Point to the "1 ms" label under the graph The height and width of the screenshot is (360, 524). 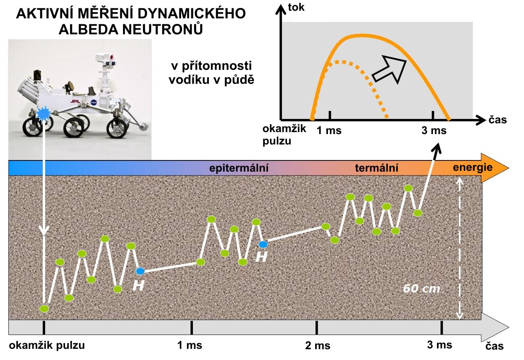[x=329, y=131]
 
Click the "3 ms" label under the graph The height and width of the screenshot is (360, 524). [x=434, y=131]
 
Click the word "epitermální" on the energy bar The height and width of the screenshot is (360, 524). [x=239, y=168]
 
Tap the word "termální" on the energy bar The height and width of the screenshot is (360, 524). [x=377, y=168]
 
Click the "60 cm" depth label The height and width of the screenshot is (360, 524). [x=421, y=289]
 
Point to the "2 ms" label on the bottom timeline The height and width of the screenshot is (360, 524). [x=318, y=346]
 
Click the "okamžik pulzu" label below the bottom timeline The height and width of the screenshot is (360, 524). [x=47, y=345]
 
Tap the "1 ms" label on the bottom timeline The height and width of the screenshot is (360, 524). [x=190, y=345]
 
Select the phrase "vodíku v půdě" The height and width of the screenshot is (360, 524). [x=212, y=79]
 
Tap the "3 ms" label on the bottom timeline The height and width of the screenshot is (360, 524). [x=440, y=345]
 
